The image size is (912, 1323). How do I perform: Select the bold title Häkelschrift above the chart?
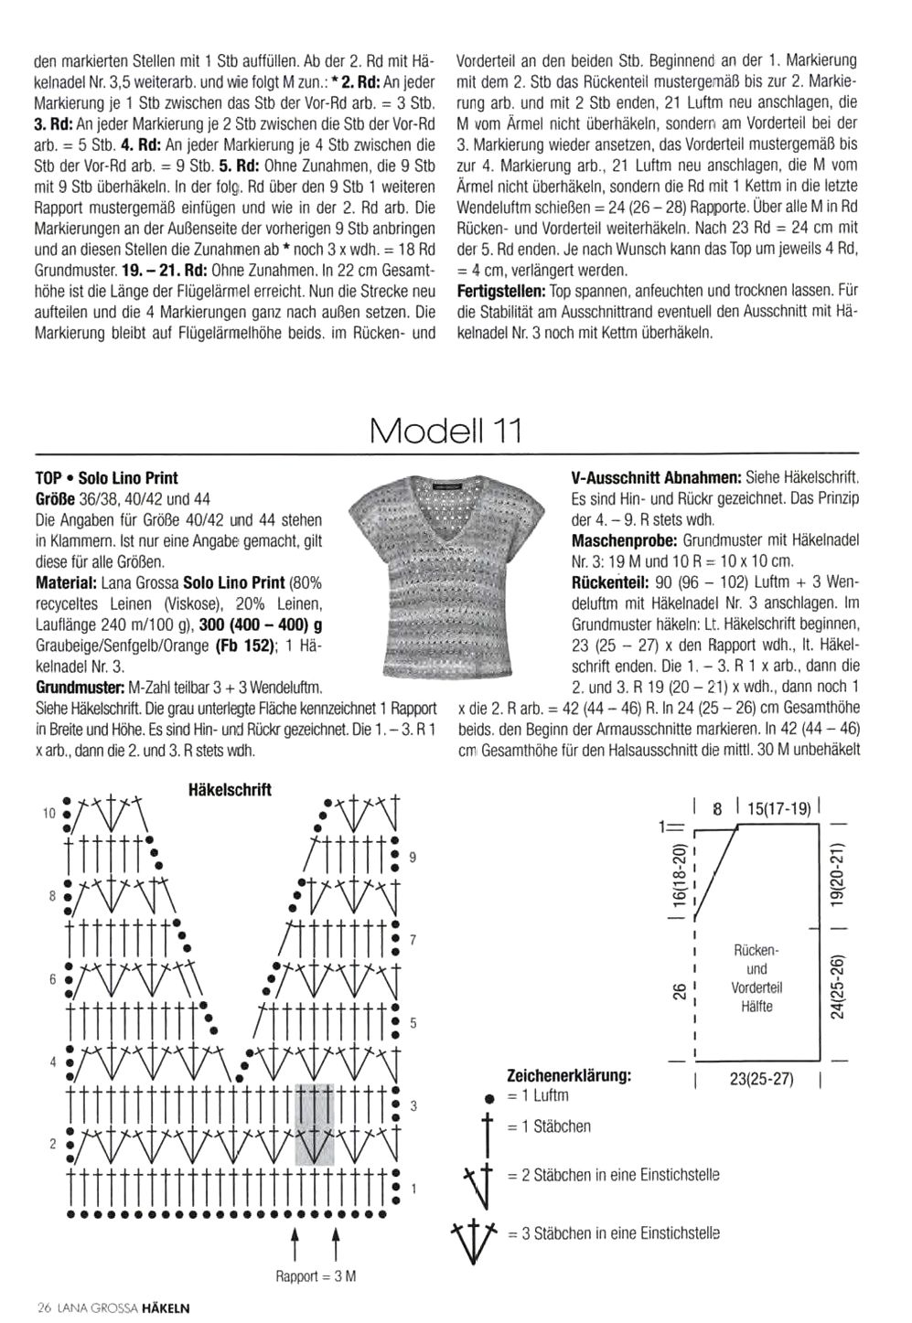pos(230,789)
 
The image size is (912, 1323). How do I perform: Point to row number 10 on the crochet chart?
pos(49,812)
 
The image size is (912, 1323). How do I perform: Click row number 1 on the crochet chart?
pos(413,1190)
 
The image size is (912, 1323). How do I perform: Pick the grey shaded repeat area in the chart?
pos(315,1125)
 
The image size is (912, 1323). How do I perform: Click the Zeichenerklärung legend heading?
pos(569,1075)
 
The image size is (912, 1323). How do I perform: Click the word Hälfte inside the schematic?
pos(756,1007)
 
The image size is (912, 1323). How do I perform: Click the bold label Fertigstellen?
pos(500,291)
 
